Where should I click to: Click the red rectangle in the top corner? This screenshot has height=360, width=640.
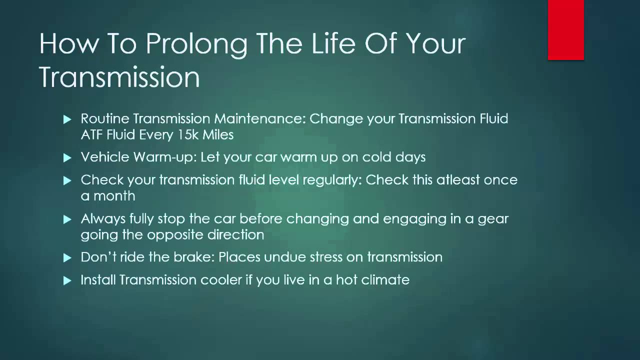(565, 30)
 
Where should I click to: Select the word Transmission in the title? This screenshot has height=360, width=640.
(119, 78)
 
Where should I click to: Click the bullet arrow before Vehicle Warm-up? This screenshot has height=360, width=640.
(68, 158)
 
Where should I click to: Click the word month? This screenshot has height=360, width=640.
(115, 196)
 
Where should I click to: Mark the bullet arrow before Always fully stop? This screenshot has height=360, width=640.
(68, 219)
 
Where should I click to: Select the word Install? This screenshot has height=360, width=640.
(98, 280)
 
